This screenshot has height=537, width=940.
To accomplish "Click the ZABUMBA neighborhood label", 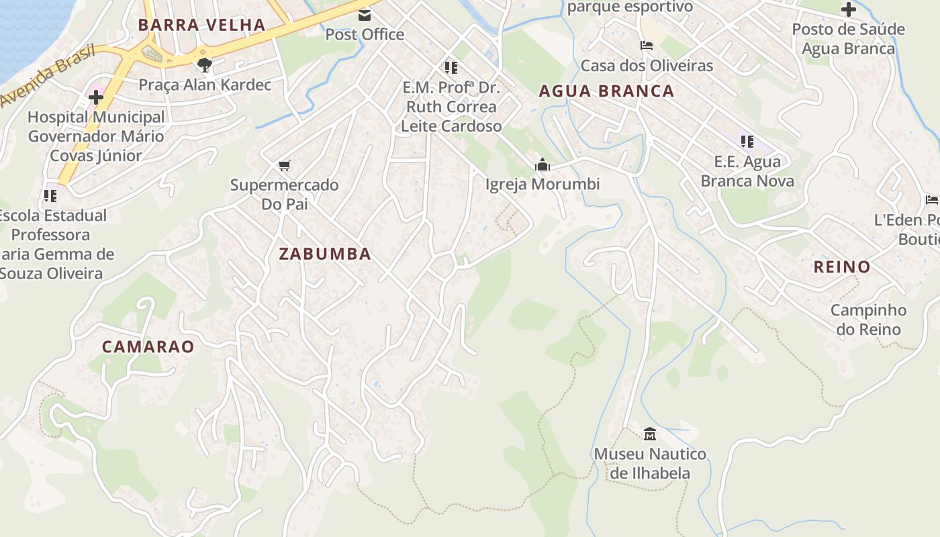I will pos(325,254).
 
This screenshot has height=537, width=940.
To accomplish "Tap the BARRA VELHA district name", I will pos(202,26).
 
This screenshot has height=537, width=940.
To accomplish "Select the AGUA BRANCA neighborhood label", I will pos(606,91).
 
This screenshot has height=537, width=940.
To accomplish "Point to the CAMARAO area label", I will pos(148,347).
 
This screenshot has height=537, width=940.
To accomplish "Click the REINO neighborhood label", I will pos(842,266).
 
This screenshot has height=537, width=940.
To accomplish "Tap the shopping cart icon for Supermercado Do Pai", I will pos(284,165).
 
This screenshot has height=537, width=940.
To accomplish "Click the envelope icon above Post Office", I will pos(364,15).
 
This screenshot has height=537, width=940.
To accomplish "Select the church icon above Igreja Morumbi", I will pos(542,164).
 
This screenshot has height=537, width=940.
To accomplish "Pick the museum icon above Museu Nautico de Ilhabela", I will pos(649,434).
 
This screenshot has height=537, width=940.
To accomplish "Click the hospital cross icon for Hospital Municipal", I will pos(96,97).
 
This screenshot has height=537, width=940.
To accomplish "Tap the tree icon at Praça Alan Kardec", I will pos(205,65).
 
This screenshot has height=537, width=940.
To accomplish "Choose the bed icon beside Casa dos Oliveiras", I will pos(647,46).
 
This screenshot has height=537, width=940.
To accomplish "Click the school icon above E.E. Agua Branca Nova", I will pos(747,142).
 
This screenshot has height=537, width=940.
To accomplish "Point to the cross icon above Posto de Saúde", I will pos(848,10).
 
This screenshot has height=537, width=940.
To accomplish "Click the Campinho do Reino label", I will pos(868,320).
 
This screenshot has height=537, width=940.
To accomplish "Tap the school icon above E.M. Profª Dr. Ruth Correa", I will pos(451,68).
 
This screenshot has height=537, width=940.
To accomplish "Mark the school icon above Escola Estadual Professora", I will pos(50,196).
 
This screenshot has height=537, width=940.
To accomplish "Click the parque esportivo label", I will pos(630,7).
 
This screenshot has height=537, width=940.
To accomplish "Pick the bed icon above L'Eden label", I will pos(931,200).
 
